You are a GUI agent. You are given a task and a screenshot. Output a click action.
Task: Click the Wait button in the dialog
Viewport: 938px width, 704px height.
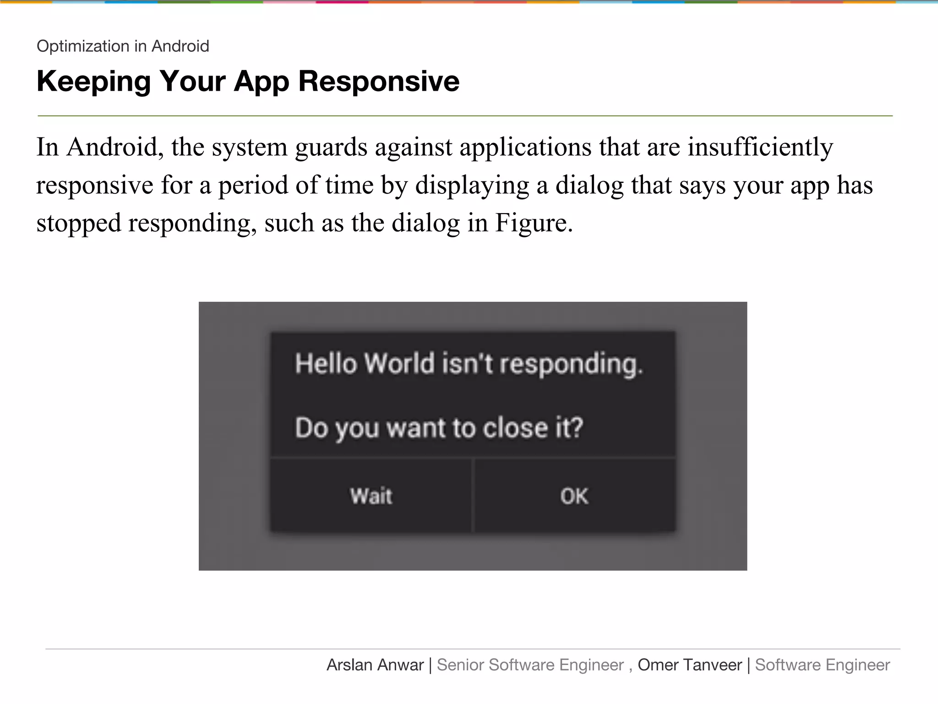[371, 496]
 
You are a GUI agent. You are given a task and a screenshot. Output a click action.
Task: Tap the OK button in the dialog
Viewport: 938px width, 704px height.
[574, 496]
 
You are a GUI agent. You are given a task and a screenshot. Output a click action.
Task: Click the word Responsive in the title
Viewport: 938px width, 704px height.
[379, 81]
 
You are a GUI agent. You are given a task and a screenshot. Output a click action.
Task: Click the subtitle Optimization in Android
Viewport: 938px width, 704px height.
[123, 46]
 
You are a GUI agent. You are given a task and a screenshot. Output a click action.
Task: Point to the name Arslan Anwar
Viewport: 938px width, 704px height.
[375, 665]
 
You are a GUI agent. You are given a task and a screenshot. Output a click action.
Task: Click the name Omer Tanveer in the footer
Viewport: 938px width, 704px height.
[689, 665]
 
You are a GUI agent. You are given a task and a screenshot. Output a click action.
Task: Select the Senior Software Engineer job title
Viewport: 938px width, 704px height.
[530, 665]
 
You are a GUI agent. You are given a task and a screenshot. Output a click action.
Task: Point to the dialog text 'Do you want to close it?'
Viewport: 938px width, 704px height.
[439, 428]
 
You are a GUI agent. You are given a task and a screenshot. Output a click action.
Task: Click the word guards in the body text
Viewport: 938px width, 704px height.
[331, 148]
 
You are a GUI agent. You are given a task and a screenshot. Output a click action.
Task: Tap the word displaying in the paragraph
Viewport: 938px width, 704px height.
[472, 186]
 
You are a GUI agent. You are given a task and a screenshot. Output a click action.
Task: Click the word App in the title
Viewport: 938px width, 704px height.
[262, 82]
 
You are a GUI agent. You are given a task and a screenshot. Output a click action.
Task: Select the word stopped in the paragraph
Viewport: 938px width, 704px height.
[79, 224]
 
